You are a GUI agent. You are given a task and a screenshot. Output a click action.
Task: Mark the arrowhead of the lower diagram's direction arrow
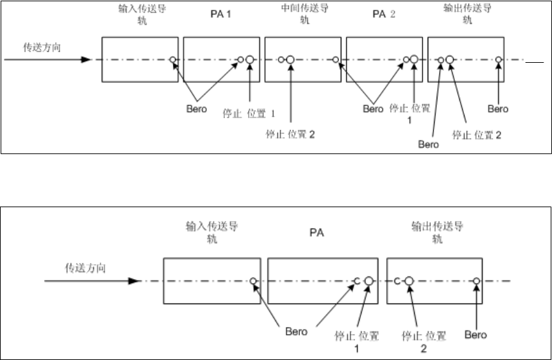point(135,281)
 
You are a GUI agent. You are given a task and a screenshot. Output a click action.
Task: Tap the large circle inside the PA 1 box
point(249,60)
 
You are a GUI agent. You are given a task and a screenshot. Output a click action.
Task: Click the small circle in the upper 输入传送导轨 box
point(173,60)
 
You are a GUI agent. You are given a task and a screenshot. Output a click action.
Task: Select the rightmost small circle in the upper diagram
point(498,60)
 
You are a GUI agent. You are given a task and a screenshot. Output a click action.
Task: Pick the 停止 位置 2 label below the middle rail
point(291,135)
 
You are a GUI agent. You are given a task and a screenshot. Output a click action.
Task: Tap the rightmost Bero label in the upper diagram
point(498,109)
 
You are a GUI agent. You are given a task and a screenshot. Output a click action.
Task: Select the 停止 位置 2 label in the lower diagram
point(424,341)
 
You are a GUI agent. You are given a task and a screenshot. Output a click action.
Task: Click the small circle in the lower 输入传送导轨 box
point(254,281)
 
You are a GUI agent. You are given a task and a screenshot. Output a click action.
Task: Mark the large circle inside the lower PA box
point(369,281)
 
